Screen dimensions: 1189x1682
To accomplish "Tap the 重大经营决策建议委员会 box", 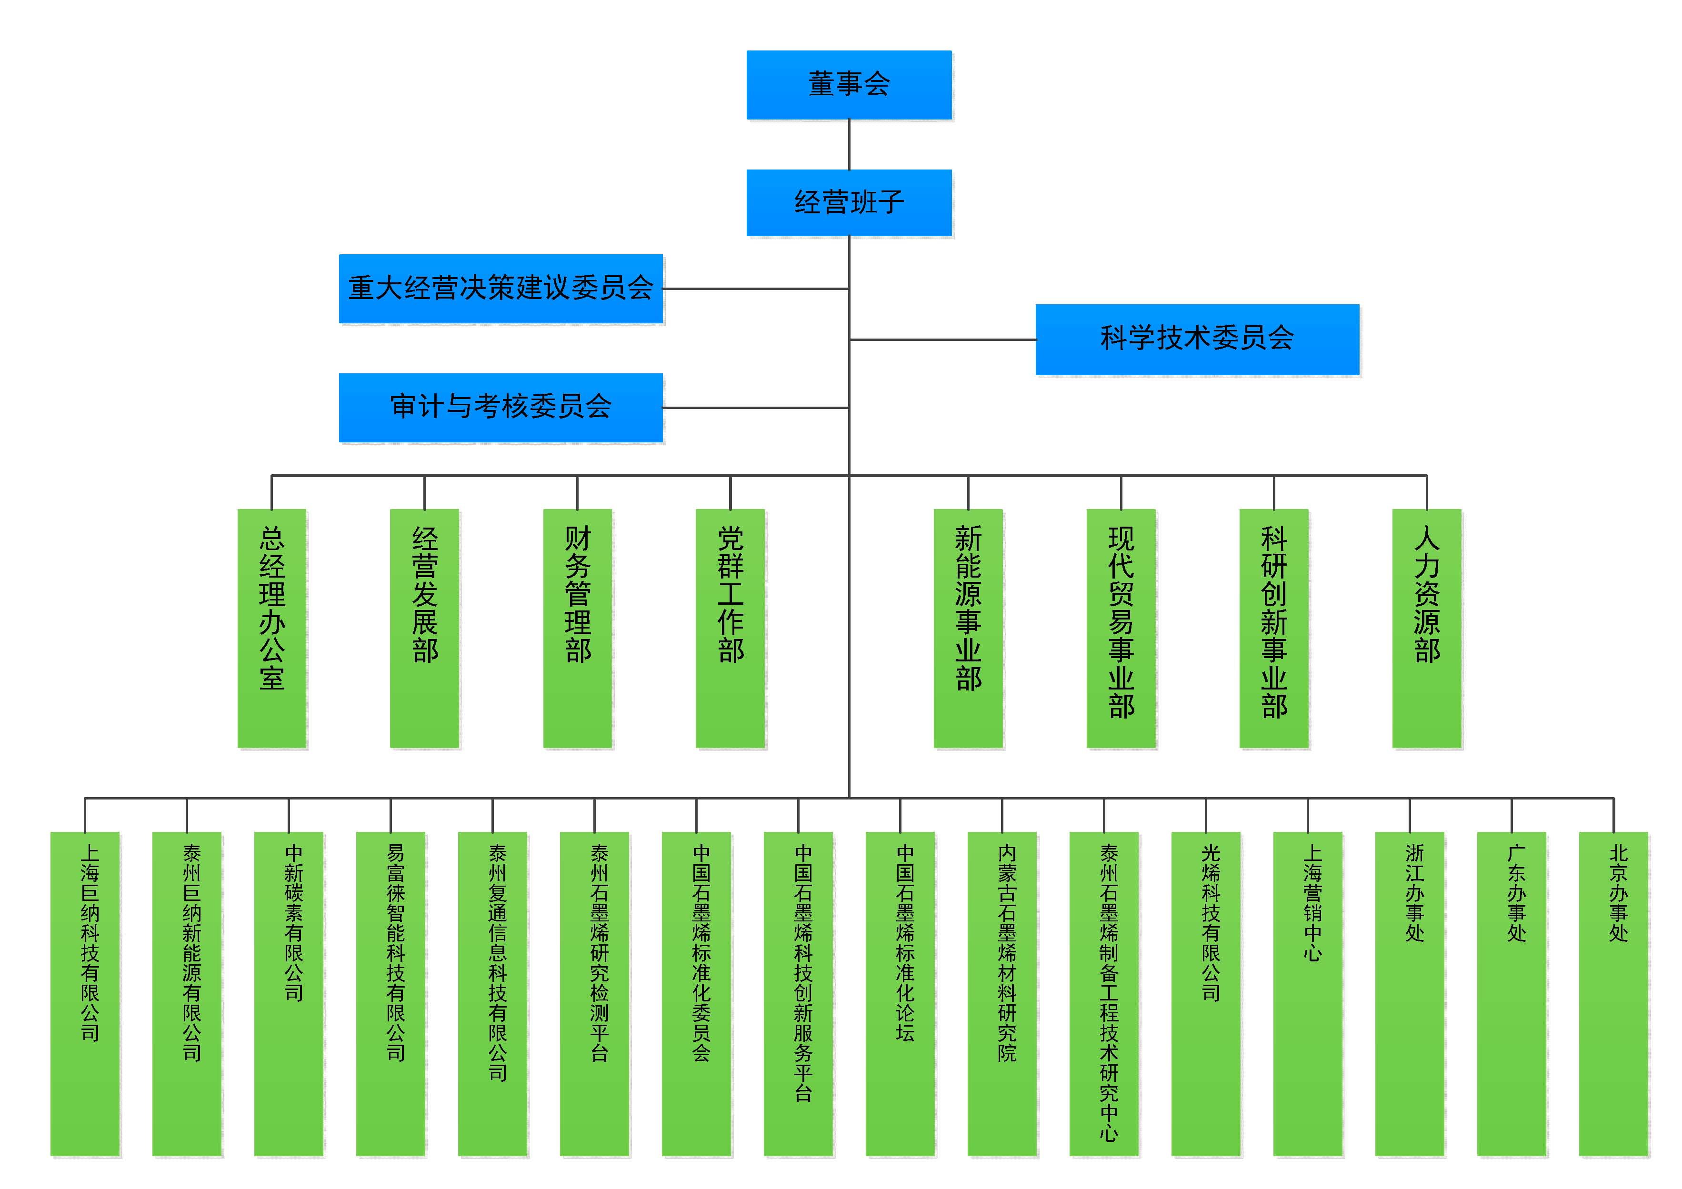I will coord(501,288).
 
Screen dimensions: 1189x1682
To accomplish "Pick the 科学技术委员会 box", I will coord(1197,339).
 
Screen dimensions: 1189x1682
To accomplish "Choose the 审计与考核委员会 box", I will coord(501,407).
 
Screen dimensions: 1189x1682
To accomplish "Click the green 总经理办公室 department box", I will coord(272,628).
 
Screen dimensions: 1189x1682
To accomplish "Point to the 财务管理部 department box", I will coord(577,628).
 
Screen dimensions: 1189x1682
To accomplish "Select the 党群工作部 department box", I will coord(731,628).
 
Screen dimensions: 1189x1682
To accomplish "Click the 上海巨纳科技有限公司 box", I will coord(85,993).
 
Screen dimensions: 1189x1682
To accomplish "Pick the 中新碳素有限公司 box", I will coord(289,993).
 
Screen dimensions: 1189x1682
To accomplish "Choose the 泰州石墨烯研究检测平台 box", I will coord(594,993).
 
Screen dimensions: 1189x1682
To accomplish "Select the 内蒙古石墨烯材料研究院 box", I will coord(1001,993).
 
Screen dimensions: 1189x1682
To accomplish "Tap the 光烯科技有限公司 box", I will coord(1205,993).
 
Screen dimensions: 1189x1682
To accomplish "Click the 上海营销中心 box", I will coord(1308,993).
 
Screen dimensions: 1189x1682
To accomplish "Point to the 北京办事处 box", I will coord(1613,993).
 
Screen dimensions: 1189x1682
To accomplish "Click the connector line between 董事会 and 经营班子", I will coord(849,144).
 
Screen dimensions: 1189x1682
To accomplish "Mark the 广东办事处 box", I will coord(1512,993).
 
